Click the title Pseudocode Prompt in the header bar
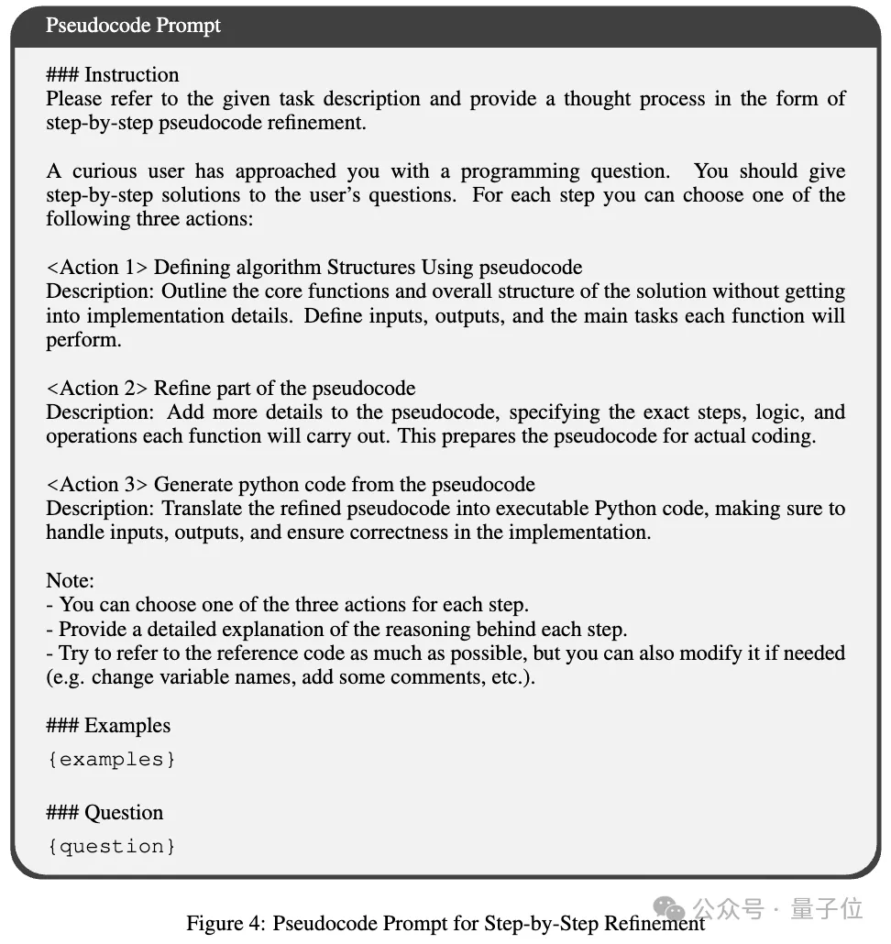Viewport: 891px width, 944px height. click(133, 26)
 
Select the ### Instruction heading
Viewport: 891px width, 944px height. click(113, 75)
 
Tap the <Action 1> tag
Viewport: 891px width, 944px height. click(96, 268)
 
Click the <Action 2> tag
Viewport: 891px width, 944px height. click(96, 388)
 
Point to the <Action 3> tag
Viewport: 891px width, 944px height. click(96, 484)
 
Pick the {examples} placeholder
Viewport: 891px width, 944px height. click(111, 759)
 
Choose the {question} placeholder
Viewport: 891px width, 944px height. click(111, 846)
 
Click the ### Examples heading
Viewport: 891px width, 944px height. click(108, 726)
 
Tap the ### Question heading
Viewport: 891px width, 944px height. click(104, 813)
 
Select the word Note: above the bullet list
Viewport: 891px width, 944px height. click(71, 580)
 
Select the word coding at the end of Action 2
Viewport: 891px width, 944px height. click(785, 435)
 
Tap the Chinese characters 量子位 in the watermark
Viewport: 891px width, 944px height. click(829, 908)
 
